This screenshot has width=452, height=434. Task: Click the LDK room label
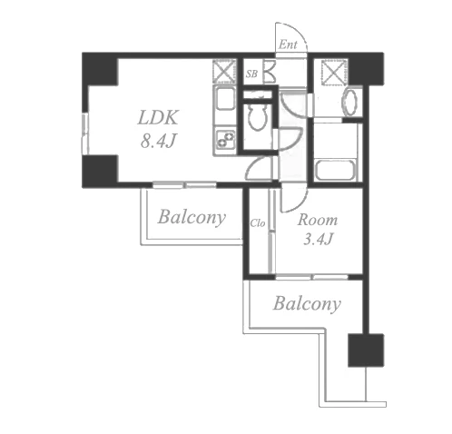click(158, 117)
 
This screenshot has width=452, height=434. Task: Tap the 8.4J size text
click(158, 141)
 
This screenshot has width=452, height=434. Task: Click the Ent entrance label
click(288, 44)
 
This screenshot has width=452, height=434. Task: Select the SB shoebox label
click(251, 74)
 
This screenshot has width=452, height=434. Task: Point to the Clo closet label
click(258, 223)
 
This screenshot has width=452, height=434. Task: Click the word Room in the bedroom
click(318, 220)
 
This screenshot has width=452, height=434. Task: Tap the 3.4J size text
click(318, 239)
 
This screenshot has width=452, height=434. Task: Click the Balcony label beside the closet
click(192, 217)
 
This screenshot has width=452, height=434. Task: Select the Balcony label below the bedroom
click(307, 303)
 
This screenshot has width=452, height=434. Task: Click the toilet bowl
click(257, 117)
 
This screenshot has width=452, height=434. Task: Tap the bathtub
click(335, 170)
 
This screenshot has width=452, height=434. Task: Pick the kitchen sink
click(224, 99)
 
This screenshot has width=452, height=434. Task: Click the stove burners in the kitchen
click(225, 140)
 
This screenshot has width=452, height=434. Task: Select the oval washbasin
click(349, 102)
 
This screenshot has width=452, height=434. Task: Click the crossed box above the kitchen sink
click(224, 72)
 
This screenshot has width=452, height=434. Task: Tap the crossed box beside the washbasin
click(333, 72)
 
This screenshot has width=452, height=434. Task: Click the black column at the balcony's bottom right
click(366, 350)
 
